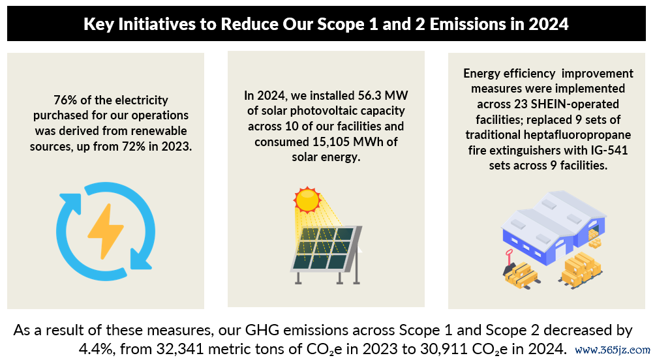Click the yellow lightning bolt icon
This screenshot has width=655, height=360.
pos(105,231)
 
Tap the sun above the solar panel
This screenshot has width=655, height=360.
pos(307,200)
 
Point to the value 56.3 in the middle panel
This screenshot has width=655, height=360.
pos(367,95)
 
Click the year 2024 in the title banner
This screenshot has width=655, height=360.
pos(548,24)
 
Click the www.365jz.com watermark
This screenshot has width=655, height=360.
pos(613,350)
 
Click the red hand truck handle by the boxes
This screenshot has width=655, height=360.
pos(509,255)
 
